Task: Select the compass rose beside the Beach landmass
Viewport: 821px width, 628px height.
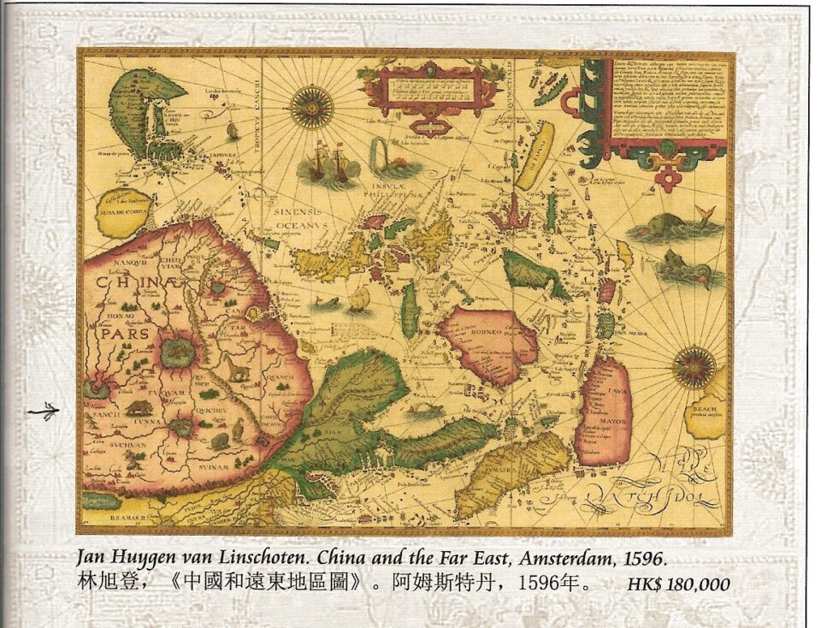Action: pos(694,367)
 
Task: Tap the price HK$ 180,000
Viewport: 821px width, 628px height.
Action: pos(678,585)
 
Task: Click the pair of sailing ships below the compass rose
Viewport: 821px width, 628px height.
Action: pos(328,167)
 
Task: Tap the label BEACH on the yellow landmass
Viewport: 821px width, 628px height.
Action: pos(705,410)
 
